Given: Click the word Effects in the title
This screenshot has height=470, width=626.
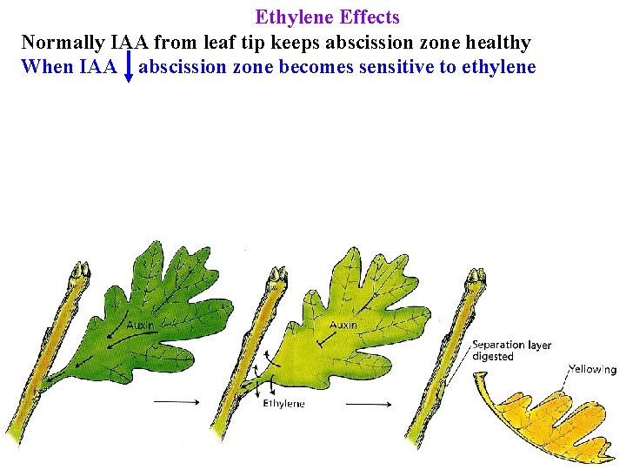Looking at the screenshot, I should [x=369, y=17].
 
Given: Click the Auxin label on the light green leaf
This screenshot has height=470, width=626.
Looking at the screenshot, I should [x=343, y=325].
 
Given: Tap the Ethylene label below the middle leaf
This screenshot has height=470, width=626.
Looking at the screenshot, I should [x=283, y=403].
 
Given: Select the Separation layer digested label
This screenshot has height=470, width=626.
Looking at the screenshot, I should [x=511, y=351].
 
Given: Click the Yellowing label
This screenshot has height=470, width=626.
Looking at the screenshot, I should [x=593, y=369].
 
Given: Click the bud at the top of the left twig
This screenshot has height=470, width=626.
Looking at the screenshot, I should [x=82, y=273].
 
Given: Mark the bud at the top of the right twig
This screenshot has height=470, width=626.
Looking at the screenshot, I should [x=476, y=279].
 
